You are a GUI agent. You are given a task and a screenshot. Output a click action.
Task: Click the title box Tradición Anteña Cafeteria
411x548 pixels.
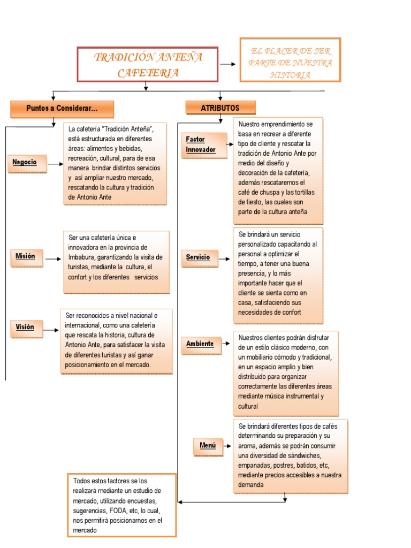pos(148,64)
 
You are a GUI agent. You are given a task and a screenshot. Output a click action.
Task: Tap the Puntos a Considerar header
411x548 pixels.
pos(62,109)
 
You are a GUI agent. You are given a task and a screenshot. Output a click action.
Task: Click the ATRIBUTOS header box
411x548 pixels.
pos(220,108)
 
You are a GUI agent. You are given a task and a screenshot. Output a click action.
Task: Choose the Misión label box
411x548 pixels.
pos(25,257)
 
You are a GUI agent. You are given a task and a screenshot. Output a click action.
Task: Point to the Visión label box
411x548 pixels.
pos(25,327)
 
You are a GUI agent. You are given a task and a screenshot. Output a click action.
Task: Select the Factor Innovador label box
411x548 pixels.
pos(201,145)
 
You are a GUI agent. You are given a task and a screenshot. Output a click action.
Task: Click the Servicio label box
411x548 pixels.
pos(198,258)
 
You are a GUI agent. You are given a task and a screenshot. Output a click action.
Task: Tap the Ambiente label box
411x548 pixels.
pos(200,344)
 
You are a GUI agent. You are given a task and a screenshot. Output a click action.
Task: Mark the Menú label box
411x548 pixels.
pos(208,445)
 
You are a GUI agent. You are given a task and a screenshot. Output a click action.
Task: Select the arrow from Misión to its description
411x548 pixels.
pos(52,259)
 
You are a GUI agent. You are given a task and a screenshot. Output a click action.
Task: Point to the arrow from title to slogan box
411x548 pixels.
pos(228,64)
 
